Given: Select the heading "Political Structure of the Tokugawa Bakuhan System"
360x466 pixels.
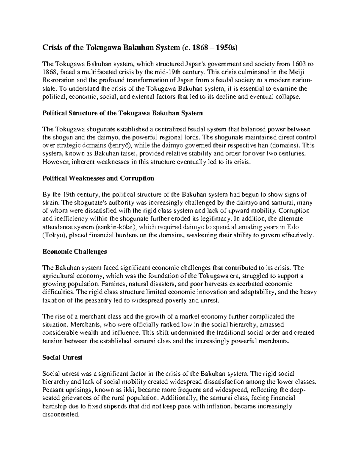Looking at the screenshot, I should (x=122, y=113).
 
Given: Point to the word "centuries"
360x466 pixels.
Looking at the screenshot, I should (x=290, y=154).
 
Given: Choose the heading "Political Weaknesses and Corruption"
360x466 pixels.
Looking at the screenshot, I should (x=98, y=178).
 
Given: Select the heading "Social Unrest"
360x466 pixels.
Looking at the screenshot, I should (x=62, y=357).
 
